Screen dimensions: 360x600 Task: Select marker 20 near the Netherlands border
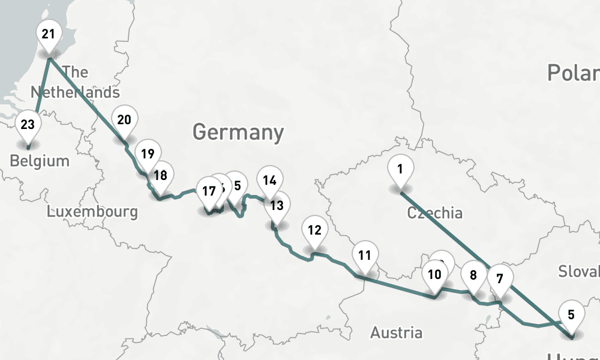click(124, 121)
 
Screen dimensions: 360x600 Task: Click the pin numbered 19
click(148, 154)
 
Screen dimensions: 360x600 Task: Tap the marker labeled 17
click(208, 192)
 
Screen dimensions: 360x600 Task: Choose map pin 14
click(270, 181)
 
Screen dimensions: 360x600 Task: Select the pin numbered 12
click(314, 230)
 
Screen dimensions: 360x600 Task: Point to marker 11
click(364, 256)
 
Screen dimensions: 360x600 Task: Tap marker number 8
click(473, 277)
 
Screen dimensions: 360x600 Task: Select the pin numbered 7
click(500, 279)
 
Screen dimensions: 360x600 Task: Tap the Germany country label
click(238, 131)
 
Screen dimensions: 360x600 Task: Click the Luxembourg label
click(92, 211)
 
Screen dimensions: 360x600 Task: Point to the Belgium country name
click(40, 161)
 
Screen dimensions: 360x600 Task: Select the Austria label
click(396, 332)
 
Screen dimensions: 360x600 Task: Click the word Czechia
click(434, 212)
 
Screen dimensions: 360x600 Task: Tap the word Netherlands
click(75, 92)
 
